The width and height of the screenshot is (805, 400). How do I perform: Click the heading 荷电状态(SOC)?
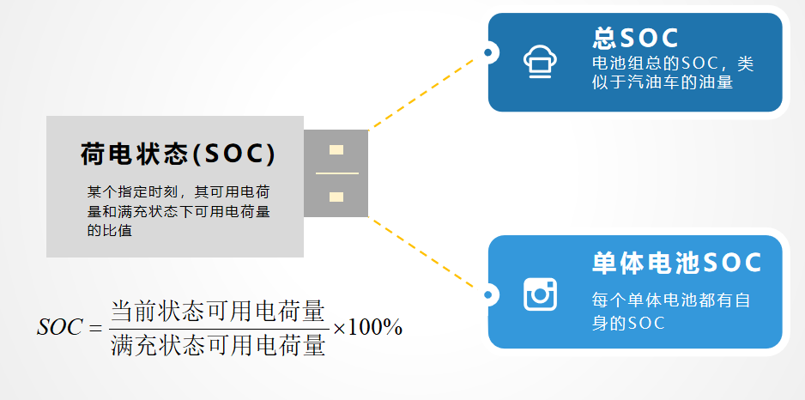click(179, 155)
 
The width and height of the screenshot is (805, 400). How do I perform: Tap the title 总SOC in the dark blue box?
click(635, 38)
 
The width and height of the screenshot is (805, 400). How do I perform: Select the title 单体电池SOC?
click(676, 263)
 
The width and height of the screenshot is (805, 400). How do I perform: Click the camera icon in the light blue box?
click(541, 294)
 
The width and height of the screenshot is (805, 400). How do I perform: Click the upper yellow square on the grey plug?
click(336, 150)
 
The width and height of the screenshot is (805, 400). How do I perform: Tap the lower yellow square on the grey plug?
click(336, 197)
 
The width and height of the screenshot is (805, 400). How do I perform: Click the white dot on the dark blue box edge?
click(488, 53)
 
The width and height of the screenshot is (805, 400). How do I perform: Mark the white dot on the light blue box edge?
click(488, 295)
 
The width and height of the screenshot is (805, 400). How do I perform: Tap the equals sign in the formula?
click(94, 328)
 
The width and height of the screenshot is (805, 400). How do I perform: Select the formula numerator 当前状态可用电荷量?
click(218, 309)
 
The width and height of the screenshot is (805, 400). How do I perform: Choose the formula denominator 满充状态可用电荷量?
click(218, 344)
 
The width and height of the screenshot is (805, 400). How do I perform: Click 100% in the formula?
click(376, 328)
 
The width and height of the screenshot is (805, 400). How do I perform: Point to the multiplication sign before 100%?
click(339, 328)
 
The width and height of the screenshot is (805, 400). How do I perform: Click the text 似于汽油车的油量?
click(662, 83)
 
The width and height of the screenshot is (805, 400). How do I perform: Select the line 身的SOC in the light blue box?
click(628, 323)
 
